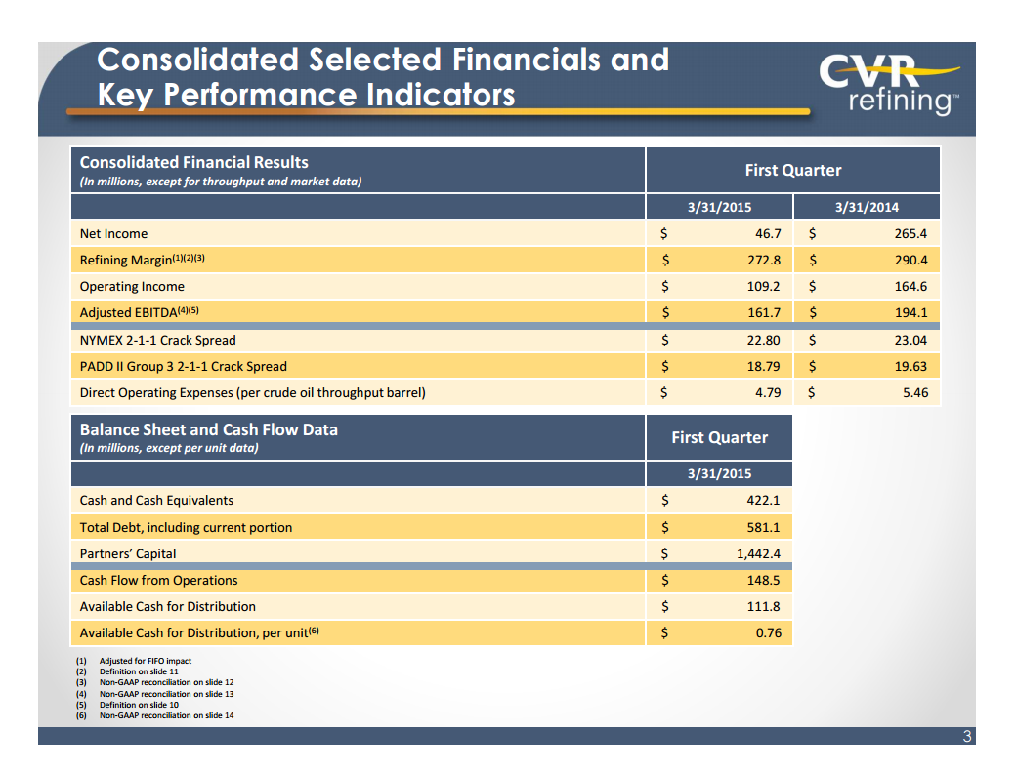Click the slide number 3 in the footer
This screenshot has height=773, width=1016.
pos(966,737)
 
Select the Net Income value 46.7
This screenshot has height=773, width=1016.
pos(763,234)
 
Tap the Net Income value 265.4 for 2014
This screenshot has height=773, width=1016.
pos(910,234)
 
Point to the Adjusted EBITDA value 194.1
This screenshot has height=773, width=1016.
pos(910,313)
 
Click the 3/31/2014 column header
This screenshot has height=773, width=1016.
pos(867,207)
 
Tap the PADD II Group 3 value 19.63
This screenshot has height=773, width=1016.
pos(910,367)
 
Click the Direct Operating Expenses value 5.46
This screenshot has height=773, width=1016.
pos(912,393)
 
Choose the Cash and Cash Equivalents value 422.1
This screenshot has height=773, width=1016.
pos(760,501)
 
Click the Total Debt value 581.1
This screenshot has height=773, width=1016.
pos(760,528)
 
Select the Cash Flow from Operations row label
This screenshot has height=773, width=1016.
pos(158,581)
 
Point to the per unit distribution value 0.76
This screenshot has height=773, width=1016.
pos(767,633)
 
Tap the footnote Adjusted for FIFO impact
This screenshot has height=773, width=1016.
pos(145,662)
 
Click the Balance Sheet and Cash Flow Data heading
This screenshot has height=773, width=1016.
pos(208,430)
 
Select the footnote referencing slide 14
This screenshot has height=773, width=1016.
pos(166,715)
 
